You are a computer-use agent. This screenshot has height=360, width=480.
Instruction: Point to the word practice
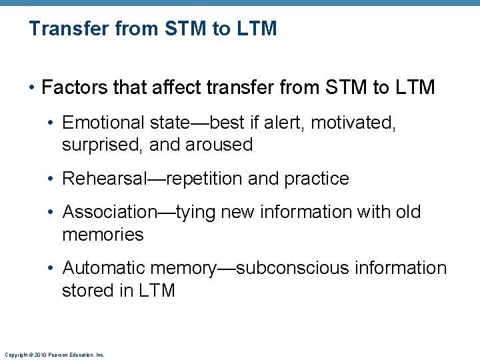point(317,179)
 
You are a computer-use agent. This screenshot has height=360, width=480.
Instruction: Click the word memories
point(103,235)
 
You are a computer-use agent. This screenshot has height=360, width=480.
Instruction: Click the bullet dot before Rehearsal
point(52,179)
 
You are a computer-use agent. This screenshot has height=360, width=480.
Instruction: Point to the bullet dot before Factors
point(32,87)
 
